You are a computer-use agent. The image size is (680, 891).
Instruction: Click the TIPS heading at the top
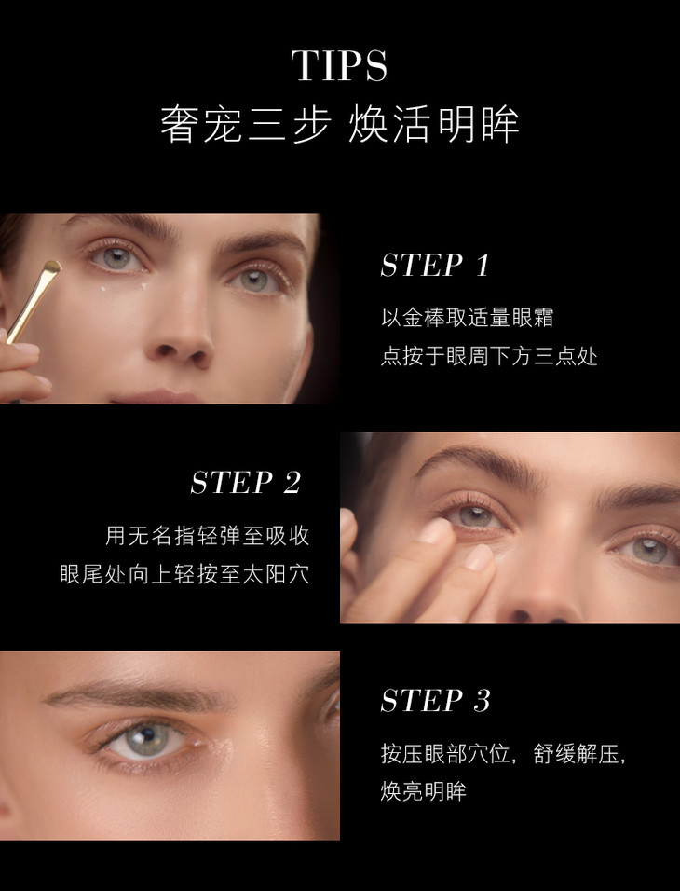(x=340, y=65)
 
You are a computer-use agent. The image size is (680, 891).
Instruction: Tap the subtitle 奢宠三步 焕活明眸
(x=340, y=125)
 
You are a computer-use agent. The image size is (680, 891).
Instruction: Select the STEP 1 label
(x=435, y=266)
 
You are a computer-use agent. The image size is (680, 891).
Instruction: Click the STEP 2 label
(x=245, y=483)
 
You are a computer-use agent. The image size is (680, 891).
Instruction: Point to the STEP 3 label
(x=435, y=700)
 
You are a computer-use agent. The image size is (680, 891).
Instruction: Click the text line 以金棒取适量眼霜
(x=467, y=317)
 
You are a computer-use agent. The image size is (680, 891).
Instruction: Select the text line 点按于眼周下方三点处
(x=489, y=356)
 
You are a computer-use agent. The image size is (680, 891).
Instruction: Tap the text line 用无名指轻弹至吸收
(x=208, y=535)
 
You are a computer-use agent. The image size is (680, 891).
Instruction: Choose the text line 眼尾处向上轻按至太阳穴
(x=185, y=574)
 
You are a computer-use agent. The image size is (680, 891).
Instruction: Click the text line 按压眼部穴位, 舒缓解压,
(x=503, y=753)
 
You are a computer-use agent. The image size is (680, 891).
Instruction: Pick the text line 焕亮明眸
(x=423, y=791)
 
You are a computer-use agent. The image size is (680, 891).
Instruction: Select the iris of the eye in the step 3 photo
(x=145, y=738)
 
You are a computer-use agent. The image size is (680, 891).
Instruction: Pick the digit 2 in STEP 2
(x=292, y=483)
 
